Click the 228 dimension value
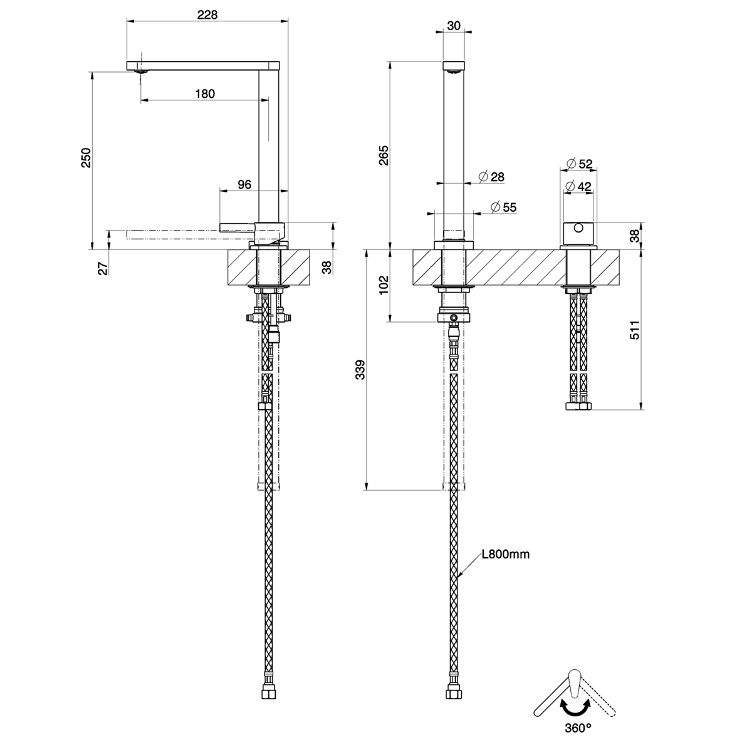click(x=207, y=15)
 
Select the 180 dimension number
click(x=205, y=93)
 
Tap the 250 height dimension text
click(x=86, y=158)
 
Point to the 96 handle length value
click(x=244, y=184)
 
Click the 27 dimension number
click(x=103, y=268)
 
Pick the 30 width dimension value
click(x=454, y=26)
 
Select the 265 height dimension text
click(x=384, y=155)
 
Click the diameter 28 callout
click(x=491, y=177)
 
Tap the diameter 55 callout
click(x=503, y=207)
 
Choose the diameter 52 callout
click(x=580, y=164)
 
